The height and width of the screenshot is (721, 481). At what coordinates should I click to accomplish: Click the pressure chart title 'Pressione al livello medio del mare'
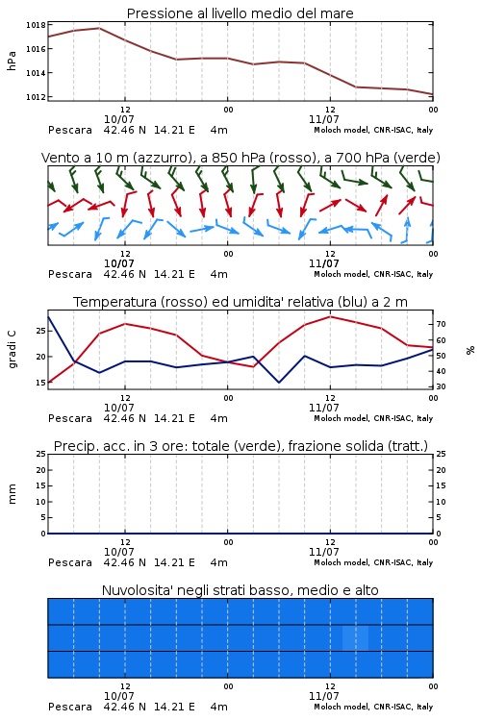point(240,13)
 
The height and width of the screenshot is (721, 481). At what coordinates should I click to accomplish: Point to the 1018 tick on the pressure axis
point(36,25)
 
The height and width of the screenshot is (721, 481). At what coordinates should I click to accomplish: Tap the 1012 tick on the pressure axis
point(36,97)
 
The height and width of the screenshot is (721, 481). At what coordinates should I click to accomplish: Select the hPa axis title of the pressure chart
point(12,61)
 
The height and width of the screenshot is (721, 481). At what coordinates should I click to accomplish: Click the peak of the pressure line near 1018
point(99,28)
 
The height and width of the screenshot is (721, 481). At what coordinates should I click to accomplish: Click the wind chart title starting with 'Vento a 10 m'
point(240,158)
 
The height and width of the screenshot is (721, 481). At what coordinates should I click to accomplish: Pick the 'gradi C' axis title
point(12,350)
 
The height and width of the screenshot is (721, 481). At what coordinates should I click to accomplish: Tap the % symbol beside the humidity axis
point(470,350)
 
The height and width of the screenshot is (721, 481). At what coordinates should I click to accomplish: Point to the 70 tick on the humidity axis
point(441,325)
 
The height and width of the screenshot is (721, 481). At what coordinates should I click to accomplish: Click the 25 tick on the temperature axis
point(41,331)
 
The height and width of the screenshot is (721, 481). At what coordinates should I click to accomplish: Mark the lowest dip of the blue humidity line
point(278,382)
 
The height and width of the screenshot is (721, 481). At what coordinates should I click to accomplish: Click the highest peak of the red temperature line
point(330,316)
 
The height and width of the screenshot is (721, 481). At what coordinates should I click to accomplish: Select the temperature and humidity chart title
point(240,302)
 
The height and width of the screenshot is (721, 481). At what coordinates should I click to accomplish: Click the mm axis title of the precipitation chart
point(12,494)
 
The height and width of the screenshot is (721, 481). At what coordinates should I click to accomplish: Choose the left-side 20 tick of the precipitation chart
point(41,470)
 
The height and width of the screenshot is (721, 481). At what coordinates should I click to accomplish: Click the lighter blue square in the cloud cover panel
point(355,637)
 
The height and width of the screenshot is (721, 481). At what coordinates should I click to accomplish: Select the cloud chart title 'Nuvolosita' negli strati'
point(240,590)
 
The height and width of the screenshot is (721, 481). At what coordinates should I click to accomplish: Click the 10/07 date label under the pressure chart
point(118,119)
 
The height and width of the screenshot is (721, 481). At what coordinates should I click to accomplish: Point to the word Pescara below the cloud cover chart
point(70,707)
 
